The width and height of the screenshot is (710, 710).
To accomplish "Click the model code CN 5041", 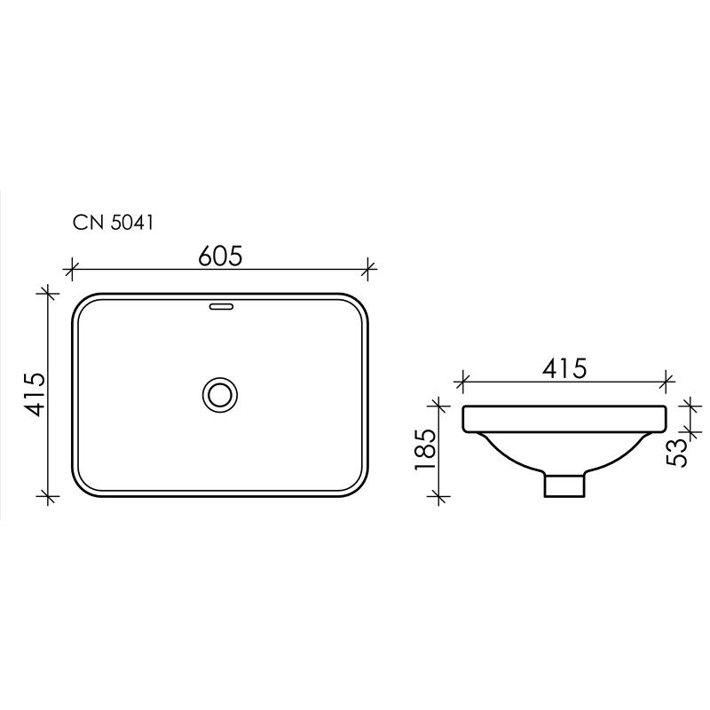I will point(114,224).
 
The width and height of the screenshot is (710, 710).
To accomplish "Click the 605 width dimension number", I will point(220,256).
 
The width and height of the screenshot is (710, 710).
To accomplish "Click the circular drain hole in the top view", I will point(219,393).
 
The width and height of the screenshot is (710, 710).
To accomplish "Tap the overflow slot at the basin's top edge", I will point(219,308).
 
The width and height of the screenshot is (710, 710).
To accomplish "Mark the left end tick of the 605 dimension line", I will point(72,265).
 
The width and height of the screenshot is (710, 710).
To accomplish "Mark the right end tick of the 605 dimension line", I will point(369,265).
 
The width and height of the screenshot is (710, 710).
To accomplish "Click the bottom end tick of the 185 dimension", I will point(436,498).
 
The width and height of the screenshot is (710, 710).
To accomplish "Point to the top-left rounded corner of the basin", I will point(82,304).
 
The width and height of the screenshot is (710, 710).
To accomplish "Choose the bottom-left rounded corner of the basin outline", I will point(82,484).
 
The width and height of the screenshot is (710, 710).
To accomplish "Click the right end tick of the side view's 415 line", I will point(667,383).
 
